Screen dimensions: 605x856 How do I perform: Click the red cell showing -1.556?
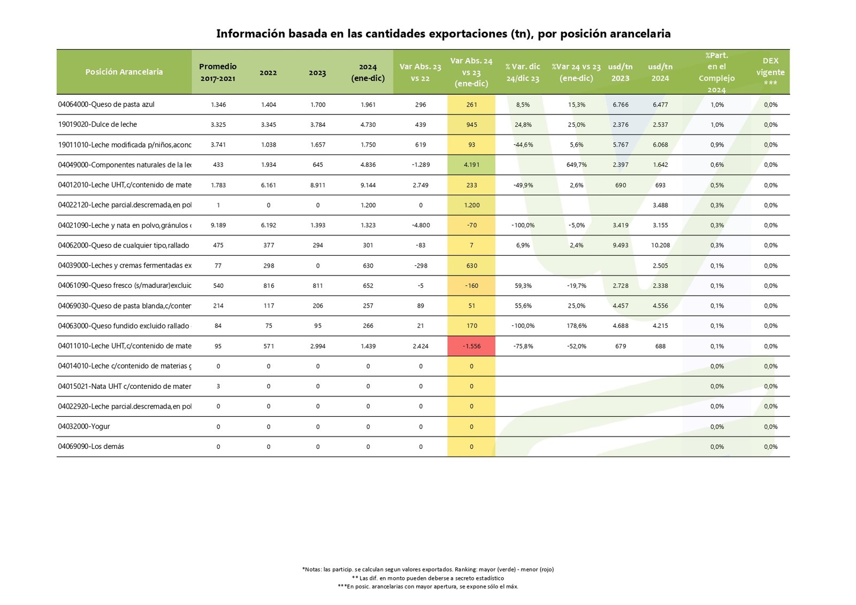pyautogui.click(x=471, y=346)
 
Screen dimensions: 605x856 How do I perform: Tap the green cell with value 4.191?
pyautogui.click(x=471, y=165)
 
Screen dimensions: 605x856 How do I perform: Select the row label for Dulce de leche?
pyautogui.click(x=97, y=125)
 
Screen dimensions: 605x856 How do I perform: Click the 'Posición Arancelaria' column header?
pyautogui.click(x=124, y=72)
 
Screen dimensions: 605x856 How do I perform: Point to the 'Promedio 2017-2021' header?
pyautogui.click(x=218, y=72)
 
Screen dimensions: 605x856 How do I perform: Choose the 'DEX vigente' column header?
pyautogui.click(x=770, y=72)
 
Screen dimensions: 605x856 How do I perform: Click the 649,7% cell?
pyautogui.click(x=576, y=165)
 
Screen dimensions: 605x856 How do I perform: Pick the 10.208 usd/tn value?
pyautogui.click(x=660, y=246)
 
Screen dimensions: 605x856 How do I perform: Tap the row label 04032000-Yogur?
pyautogui.click(x=84, y=426)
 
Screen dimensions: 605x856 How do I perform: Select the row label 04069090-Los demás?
pyautogui.click(x=91, y=447)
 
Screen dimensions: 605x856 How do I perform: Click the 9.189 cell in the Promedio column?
pyautogui.click(x=218, y=225)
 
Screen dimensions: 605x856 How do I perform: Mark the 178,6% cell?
pyautogui.click(x=576, y=326)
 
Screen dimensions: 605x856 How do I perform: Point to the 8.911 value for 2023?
pyautogui.click(x=317, y=185)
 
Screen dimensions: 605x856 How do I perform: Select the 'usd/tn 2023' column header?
pyautogui.click(x=620, y=72)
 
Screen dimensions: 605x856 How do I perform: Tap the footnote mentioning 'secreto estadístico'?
pyautogui.click(x=428, y=578)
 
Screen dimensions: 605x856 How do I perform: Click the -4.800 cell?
pyautogui.click(x=421, y=225)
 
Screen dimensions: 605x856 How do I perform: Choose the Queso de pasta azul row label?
pyautogui.click(x=106, y=104)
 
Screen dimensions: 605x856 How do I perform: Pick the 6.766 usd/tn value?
pyautogui.click(x=621, y=105)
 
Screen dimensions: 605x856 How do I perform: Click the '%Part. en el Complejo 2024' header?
pyautogui.click(x=716, y=72)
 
